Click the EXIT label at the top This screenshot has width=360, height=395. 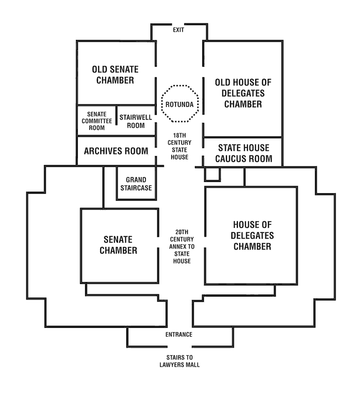tap(179, 30)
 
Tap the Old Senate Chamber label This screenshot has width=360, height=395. tap(115, 74)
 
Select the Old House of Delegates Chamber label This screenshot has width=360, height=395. tap(243, 93)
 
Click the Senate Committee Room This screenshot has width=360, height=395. tap(96, 121)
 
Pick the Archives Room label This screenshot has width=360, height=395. tap(116, 151)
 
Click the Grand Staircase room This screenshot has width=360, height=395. tap(136, 184)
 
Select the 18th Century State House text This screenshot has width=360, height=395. tap(180, 146)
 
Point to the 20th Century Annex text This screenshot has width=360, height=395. tap(182, 246)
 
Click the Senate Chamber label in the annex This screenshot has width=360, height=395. tap(118, 245)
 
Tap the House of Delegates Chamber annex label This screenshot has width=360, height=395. tap(252, 236)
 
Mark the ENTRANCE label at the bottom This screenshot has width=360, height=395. tap(179, 334)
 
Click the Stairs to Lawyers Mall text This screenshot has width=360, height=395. tap(179, 361)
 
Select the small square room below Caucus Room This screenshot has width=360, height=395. tap(212, 174)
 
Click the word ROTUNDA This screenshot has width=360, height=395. tap(180, 104)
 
